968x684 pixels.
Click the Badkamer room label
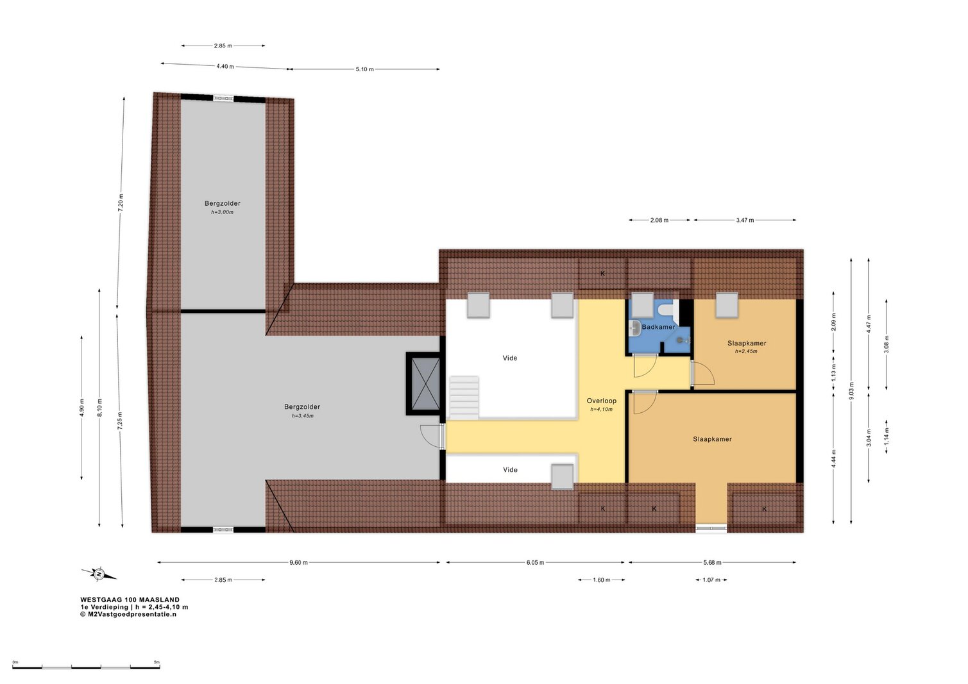[x=658, y=327]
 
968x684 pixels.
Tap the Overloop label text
[x=601, y=401]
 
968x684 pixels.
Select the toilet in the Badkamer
[x=667, y=308]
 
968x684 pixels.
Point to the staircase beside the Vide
[x=464, y=397]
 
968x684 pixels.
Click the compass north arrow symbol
[x=99, y=574]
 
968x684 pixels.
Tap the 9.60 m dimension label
[x=298, y=563]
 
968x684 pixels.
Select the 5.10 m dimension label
[x=365, y=69]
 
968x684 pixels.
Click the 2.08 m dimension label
[x=659, y=221]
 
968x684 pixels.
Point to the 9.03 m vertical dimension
[x=851, y=391]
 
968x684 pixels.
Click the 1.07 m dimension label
[x=711, y=580]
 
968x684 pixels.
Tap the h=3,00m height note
[x=222, y=212]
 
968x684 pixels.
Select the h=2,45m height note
[x=746, y=351]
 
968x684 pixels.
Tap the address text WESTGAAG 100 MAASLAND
[x=130, y=599]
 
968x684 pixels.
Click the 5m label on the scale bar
[x=157, y=662]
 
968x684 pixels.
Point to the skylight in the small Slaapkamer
[x=727, y=305]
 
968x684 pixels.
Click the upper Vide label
[x=510, y=358]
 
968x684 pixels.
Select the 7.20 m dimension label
[x=121, y=203]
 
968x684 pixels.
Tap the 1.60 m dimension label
[x=601, y=580]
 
